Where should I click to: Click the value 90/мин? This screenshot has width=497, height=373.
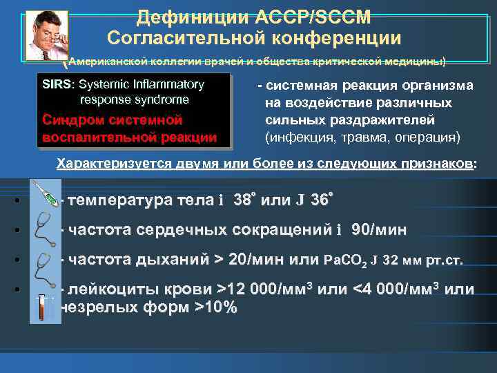pyautogui.click(x=379, y=230)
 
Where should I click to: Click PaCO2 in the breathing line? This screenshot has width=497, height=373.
pyautogui.click(x=349, y=262)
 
